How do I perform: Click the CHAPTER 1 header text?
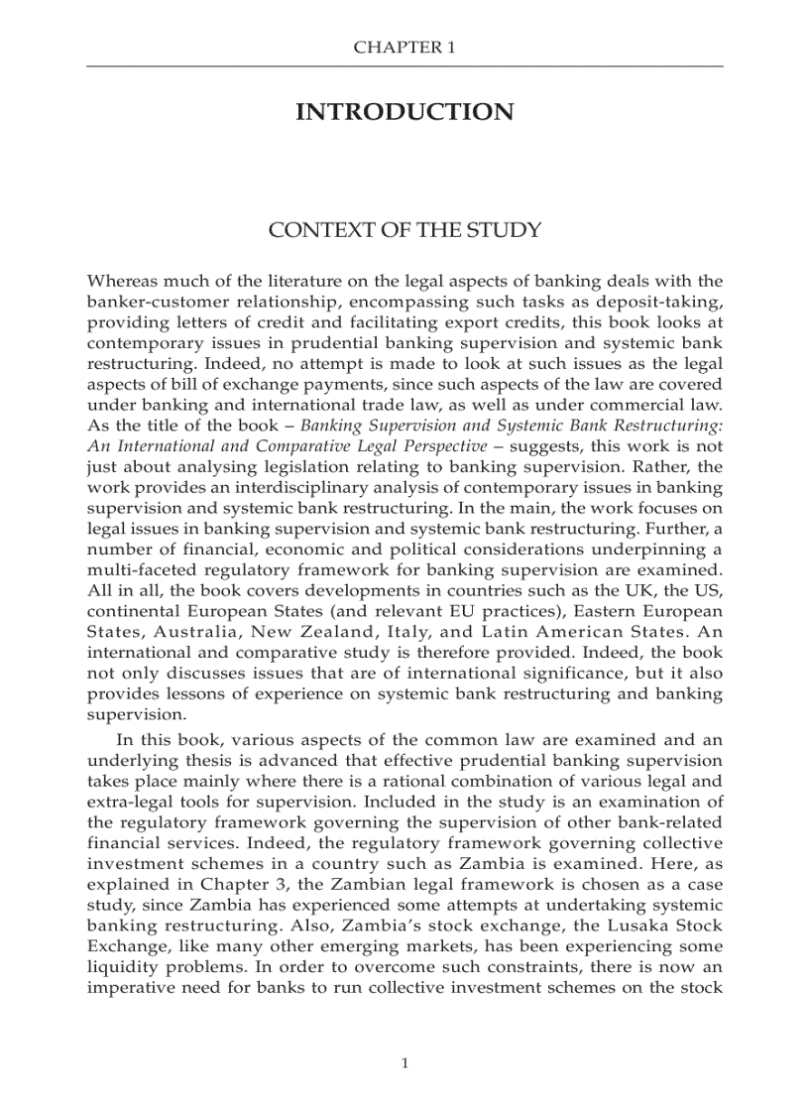click(x=404, y=47)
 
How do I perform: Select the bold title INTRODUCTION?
click(x=404, y=112)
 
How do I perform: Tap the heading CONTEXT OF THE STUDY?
click(x=404, y=230)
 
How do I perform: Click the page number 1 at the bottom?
click(x=404, y=1063)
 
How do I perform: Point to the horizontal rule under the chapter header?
click(x=404, y=66)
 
